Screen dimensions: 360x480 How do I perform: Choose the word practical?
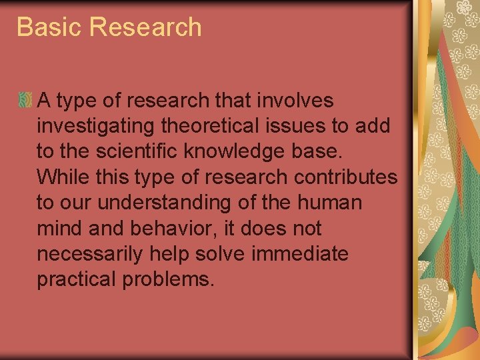click(x=75, y=279)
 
